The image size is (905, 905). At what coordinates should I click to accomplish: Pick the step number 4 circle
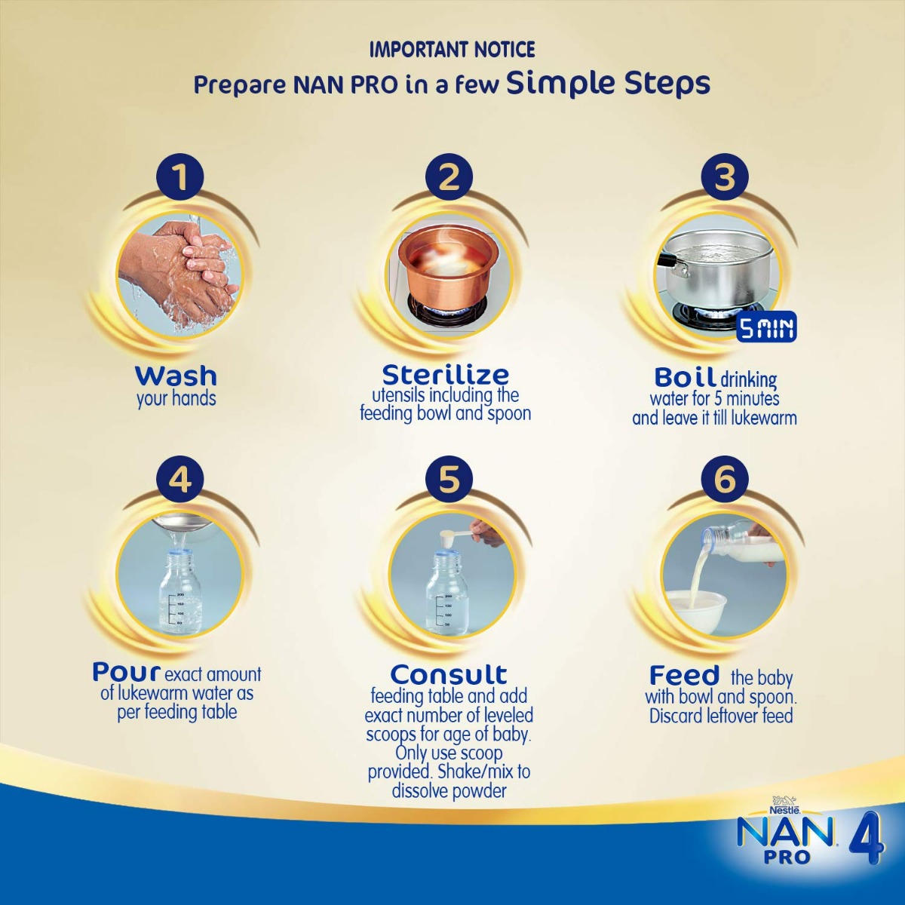pos(180,479)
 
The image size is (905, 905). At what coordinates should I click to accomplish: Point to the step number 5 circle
pos(449,479)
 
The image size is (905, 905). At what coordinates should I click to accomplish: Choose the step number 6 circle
pos(723,479)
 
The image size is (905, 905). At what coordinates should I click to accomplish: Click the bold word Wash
pos(176,375)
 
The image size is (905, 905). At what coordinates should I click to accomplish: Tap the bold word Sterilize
pos(445,374)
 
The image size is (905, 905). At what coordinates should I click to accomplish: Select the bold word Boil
pos(684,377)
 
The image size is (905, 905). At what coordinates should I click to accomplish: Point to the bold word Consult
pos(449,673)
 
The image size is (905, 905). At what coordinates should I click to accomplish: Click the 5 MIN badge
pos(765,328)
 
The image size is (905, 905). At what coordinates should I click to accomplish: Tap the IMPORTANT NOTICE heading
pos(452,50)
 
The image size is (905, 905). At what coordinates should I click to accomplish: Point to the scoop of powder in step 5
pos(452,536)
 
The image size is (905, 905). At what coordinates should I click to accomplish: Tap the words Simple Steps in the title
pos(608,83)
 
